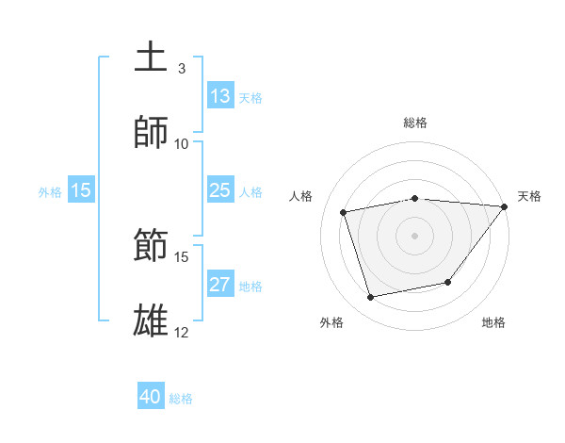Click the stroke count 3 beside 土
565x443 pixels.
[182, 69]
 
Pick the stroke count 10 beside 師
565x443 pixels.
[182, 144]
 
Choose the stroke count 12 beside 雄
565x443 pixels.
[182, 333]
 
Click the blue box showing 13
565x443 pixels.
[220, 96]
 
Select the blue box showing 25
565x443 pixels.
[220, 190]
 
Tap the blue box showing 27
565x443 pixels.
[220, 285]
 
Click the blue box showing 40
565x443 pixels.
[151, 397]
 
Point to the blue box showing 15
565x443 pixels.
[81, 190]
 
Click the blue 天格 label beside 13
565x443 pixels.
[250, 97]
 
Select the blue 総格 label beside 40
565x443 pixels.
[181, 399]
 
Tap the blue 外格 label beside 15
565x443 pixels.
[50, 192]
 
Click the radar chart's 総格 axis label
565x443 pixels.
[415, 123]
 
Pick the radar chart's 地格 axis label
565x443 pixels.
[493, 322]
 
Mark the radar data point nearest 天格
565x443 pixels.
[504, 206]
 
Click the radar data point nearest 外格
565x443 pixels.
[371, 298]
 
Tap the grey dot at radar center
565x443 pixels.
[414, 235]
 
